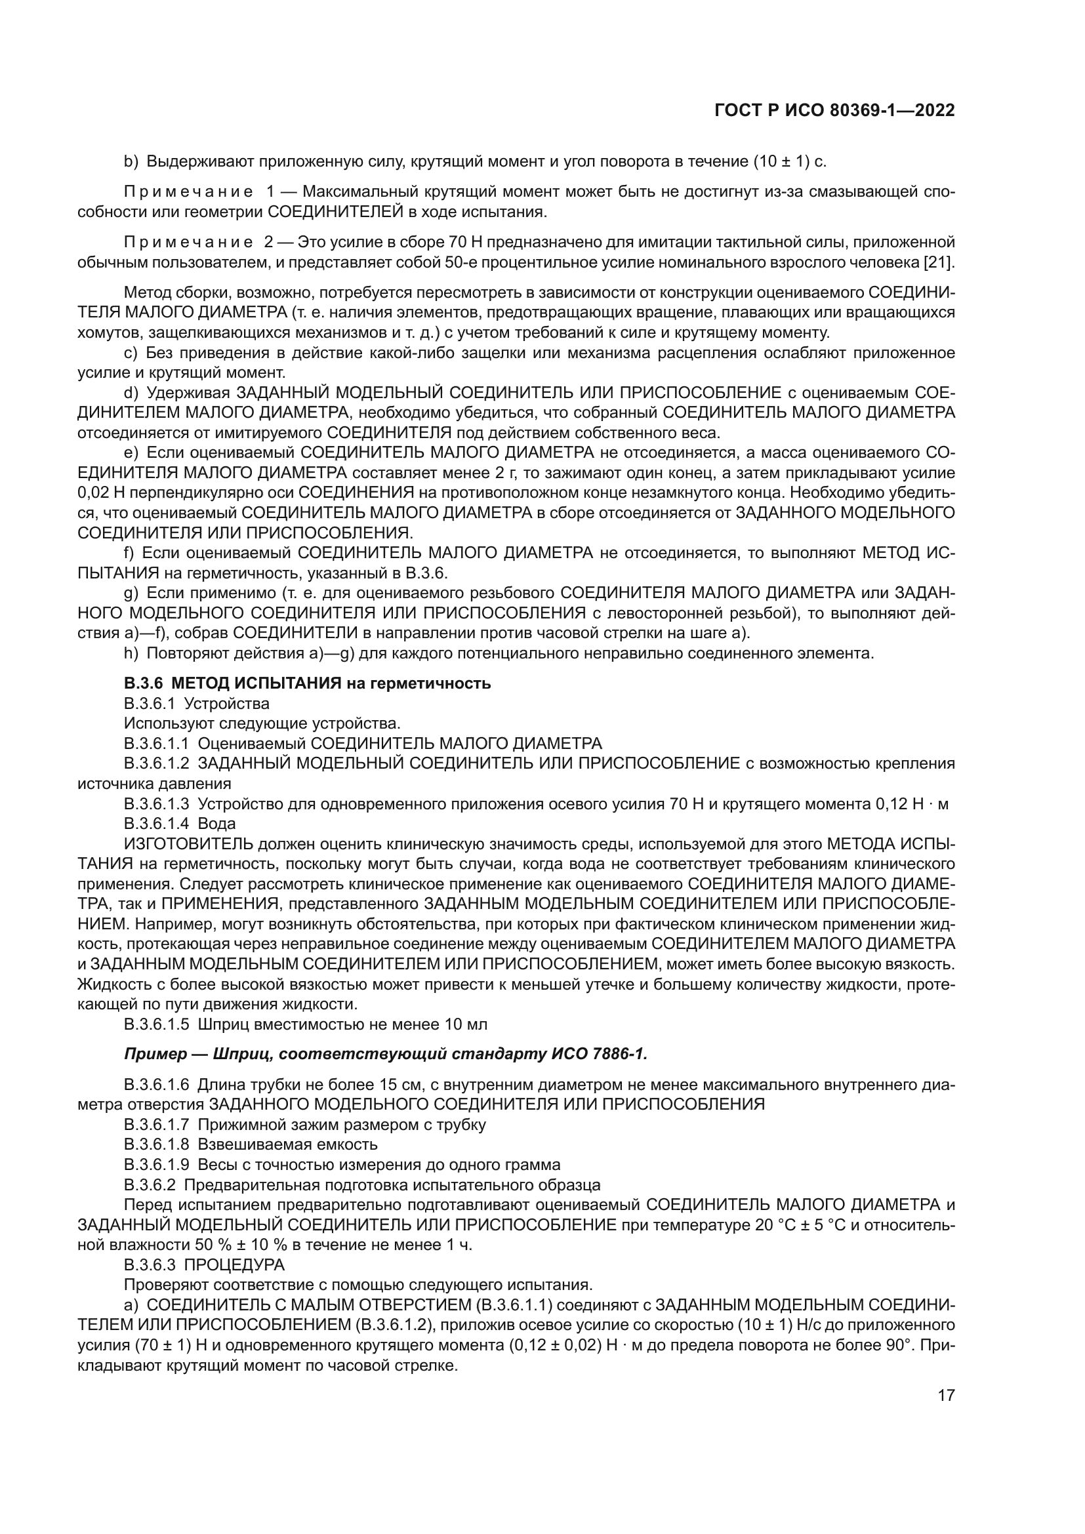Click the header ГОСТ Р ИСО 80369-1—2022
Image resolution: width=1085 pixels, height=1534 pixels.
834,111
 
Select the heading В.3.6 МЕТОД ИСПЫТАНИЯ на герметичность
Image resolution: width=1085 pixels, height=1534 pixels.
307,683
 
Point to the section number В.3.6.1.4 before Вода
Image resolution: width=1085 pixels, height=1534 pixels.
156,824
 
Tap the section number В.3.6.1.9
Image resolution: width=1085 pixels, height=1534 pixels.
156,1165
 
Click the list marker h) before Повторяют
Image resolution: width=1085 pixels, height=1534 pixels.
131,653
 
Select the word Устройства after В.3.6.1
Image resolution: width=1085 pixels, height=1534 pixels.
227,704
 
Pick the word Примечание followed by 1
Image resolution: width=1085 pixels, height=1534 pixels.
188,192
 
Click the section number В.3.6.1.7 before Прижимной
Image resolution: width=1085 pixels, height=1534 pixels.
156,1125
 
